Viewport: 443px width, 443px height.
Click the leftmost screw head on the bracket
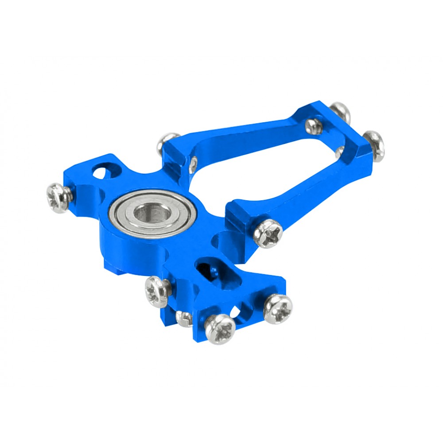coord(58,198)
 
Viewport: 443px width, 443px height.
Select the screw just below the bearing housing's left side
coord(158,291)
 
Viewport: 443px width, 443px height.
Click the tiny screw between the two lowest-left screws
coord(183,318)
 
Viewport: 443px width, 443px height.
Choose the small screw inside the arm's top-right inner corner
coord(314,126)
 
